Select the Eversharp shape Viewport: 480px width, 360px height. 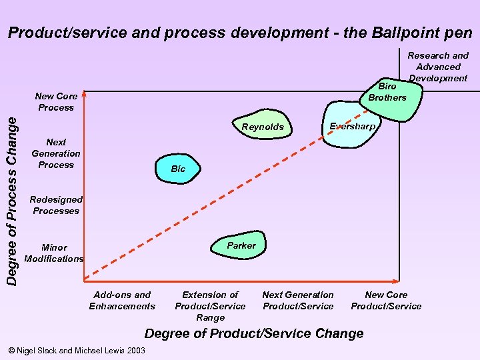pos(351,127)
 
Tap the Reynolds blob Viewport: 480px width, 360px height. pos(263,127)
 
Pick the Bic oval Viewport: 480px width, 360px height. pos(178,169)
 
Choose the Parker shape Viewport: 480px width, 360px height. pos(241,245)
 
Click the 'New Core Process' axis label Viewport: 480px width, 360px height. pos(56,101)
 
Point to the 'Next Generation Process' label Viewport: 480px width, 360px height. pos(56,153)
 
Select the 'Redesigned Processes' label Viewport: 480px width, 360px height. pos(56,205)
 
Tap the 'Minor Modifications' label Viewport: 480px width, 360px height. pos(54,253)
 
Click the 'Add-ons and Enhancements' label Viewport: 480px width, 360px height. pos(122,300)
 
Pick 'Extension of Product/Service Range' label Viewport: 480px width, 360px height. pos(210,306)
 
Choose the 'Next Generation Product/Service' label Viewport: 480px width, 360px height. pos(298,300)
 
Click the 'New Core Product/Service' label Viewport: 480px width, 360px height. pos(386,300)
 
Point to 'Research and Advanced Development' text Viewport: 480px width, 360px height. pos(438,67)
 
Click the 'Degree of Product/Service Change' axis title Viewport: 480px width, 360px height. pos(254,333)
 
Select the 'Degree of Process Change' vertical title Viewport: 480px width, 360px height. pos(12,190)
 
